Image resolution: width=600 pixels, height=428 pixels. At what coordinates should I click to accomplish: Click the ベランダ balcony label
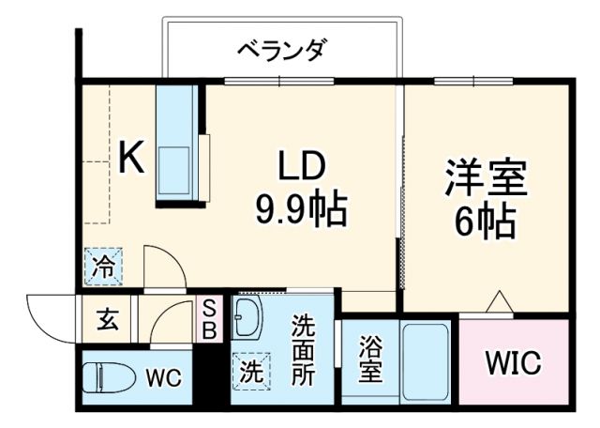[280, 50]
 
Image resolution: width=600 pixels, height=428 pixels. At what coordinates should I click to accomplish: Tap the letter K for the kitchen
[131, 157]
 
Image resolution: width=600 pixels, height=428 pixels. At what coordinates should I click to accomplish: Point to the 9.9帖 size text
[300, 210]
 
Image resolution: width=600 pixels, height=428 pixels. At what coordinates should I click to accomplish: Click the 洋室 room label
[485, 178]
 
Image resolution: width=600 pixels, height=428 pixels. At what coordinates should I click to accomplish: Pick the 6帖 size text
[485, 222]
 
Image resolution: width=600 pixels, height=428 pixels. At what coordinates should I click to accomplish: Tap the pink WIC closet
[514, 362]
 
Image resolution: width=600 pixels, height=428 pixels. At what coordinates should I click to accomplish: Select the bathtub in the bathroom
[427, 362]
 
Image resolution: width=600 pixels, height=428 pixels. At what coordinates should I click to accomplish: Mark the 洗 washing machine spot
[251, 370]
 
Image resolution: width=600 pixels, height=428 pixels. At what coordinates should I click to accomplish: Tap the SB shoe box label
[210, 319]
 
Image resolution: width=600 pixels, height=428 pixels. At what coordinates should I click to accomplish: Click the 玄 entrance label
[105, 320]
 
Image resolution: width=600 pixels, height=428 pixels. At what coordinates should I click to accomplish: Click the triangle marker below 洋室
[498, 301]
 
